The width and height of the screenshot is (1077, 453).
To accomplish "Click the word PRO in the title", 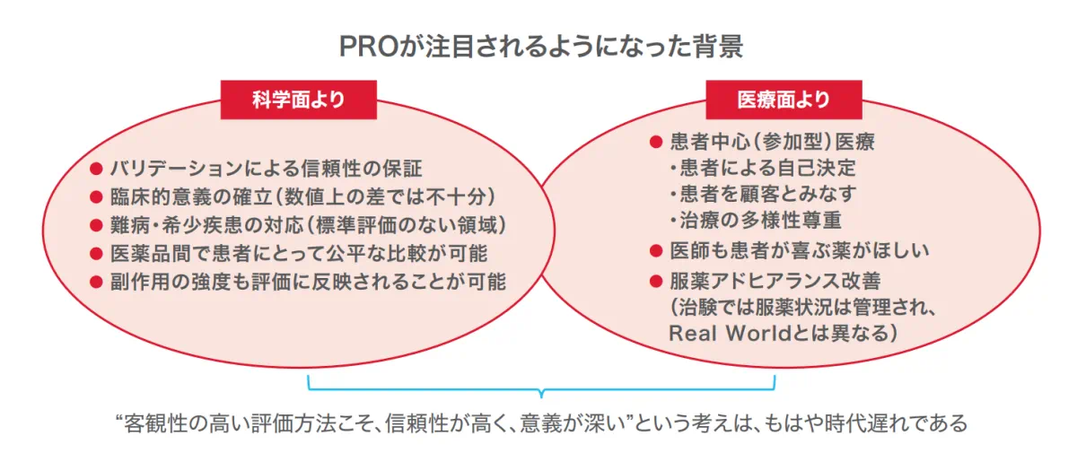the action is pos(369,47).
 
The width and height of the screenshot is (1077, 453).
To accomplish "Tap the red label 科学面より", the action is pos(299,100).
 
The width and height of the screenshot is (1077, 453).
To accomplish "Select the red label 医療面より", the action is pos(784,100).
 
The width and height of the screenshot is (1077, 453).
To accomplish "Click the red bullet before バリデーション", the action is pos(96,169).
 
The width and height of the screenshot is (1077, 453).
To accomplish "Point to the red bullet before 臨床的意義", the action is pos(96,197).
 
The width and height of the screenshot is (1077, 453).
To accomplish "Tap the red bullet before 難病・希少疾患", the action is pos(96,225).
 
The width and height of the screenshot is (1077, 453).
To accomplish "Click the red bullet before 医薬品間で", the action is pos(96,254).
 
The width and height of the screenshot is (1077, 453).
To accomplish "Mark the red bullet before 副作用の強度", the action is pos(96,282).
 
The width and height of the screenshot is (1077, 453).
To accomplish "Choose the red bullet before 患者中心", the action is pos(656,142).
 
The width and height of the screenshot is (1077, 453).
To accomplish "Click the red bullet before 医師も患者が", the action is pos(656,251).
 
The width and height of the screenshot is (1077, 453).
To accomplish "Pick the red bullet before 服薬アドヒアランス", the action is pos(656,281).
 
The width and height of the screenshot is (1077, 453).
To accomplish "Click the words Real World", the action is pos(730,334).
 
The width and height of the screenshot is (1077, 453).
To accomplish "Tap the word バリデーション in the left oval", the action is pos(177,169).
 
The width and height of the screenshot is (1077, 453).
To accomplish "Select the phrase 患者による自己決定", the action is pos(768,168).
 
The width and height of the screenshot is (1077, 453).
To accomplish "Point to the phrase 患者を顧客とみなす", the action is pos(768,194).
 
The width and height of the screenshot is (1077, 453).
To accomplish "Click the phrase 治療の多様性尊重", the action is pos(761,221).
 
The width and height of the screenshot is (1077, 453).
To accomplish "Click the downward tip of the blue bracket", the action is pos(541,396).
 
